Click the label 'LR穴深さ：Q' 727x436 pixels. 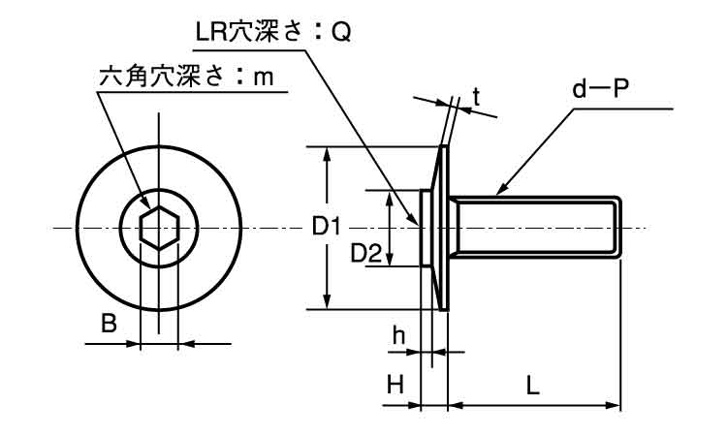[273, 33]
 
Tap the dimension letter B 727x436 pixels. [110, 324]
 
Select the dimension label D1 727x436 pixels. [326, 228]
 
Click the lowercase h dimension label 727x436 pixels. [398, 335]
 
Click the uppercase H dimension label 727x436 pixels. [395, 385]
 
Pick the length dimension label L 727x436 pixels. [533, 385]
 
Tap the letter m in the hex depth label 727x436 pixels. [263, 78]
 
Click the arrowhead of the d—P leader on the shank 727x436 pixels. [501, 191]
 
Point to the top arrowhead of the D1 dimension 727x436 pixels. [330, 153]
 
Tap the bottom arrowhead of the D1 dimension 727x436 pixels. [330, 303]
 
